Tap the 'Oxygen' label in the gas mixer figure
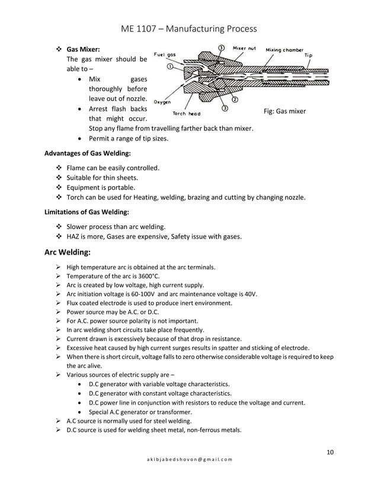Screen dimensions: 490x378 (x=162, y=101)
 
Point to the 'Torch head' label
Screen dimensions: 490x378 (x=186, y=113)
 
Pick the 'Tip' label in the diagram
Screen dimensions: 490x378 (x=308, y=55)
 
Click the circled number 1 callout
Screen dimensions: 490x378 (x=170, y=68)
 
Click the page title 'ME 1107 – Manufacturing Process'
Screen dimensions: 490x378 (x=188, y=28)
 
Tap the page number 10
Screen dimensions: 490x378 (x=330, y=453)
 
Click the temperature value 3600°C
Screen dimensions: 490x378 (x=146, y=276)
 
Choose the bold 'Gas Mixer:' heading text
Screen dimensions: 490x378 (x=83, y=49)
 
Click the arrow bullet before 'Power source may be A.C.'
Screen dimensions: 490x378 (x=58, y=312)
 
